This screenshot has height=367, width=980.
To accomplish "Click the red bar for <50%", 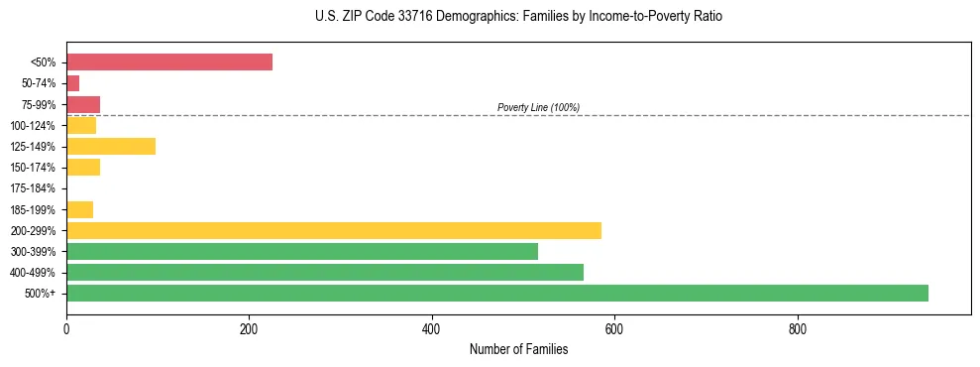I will pyautogui.click(x=169, y=62).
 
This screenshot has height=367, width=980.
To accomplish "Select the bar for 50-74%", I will pyautogui.click(x=73, y=83).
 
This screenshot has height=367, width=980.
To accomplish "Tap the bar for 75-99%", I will pyautogui.click(x=83, y=104).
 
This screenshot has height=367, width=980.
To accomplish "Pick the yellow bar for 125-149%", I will pyautogui.click(x=111, y=147).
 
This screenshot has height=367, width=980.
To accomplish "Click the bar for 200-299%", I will pyautogui.click(x=334, y=230).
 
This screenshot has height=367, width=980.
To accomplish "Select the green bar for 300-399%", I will pyautogui.click(x=302, y=251).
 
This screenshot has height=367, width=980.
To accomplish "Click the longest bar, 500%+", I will pyautogui.click(x=497, y=293).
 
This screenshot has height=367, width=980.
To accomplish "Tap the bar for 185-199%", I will pyautogui.click(x=80, y=209).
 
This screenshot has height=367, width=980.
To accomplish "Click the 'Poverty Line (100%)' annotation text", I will pyautogui.click(x=538, y=107).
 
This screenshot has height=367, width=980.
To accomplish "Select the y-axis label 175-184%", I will pyautogui.click(x=33, y=188).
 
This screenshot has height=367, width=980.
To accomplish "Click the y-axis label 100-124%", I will pyautogui.click(x=33, y=126).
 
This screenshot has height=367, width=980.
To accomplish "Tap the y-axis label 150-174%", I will pyautogui.click(x=33, y=168).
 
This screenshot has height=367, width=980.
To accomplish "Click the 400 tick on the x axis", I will pyautogui.click(x=431, y=329).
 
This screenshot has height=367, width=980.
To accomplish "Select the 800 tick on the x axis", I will pyautogui.click(x=797, y=329).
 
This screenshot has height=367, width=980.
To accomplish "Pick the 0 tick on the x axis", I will pyautogui.click(x=66, y=329).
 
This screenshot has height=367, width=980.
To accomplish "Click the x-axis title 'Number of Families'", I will pyautogui.click(x=518, y=349).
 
